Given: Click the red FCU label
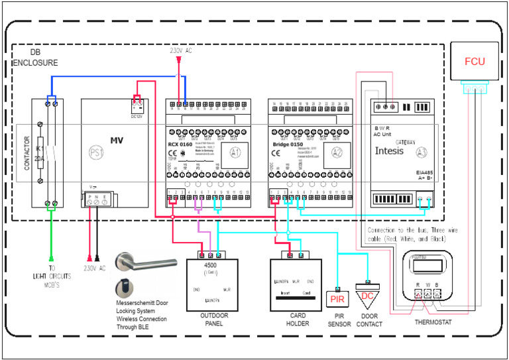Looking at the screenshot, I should pos(474,62).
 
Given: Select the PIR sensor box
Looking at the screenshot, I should pos(338,299).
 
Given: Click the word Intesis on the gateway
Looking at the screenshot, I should pos(394,150).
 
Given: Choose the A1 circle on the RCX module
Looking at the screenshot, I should pos(237,150).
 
